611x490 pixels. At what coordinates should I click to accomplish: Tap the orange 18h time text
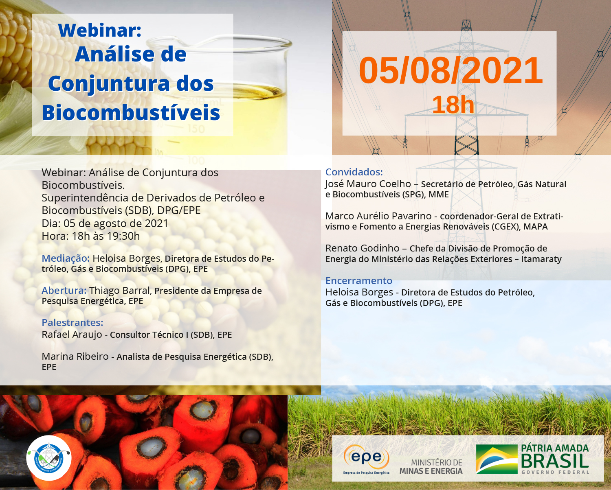pyautogui.click(x=453, y=105)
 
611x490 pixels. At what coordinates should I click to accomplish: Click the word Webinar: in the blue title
pyautogui.click(x=100, y=30)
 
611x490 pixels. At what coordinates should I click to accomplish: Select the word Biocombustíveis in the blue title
pyautogui.click(x=131, y=113)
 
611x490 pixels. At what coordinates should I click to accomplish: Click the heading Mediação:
pyautogui.click(x=66, y=258)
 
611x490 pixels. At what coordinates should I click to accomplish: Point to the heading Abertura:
pyautogui.click(x=64, y=290)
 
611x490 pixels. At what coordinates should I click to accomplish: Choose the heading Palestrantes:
pyautogui.click(x=73, y=322)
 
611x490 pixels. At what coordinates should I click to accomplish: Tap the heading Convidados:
pyautogui.click(x=354, y=172)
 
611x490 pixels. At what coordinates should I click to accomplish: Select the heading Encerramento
pyautogui.click(x=359, y=280)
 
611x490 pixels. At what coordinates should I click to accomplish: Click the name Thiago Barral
pyautogui.click(x=121, y=291)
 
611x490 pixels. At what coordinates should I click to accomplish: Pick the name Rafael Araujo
pyautogui.click(x=72, y=335)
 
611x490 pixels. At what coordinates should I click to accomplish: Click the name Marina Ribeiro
pyautogui.click(x=75, y=357)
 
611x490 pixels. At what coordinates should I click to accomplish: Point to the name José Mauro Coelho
pyautogui.click(x=368, y=184)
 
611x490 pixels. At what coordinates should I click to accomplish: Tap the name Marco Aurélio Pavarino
pyautogui.click(x=378, y=216)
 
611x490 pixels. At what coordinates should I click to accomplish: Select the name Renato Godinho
pyautogui.click(x=362, y=248)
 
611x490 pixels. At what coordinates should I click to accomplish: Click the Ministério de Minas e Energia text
pyautogui.click(x=431, y=466)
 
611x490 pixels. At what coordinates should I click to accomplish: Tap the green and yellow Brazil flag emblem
pyautogui.click(x=497, y=459)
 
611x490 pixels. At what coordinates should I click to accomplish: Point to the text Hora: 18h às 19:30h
pyautogui.click(x=91, y=236)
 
